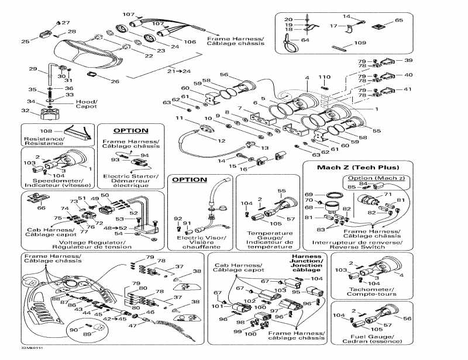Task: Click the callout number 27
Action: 66,23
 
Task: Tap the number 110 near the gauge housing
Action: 324,77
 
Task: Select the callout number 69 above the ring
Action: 309,195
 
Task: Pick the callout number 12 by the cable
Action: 222,141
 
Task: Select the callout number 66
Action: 40,207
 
